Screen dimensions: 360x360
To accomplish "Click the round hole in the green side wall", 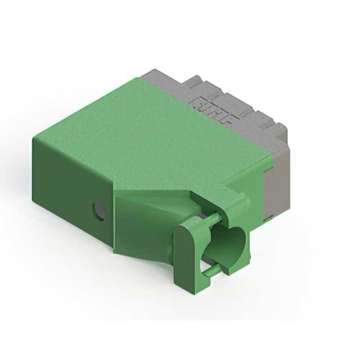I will (x=99, y=211).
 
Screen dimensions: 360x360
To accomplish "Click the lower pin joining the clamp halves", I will (x=211, y=272).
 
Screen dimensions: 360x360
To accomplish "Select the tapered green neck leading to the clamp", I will (x=143, y=231).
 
